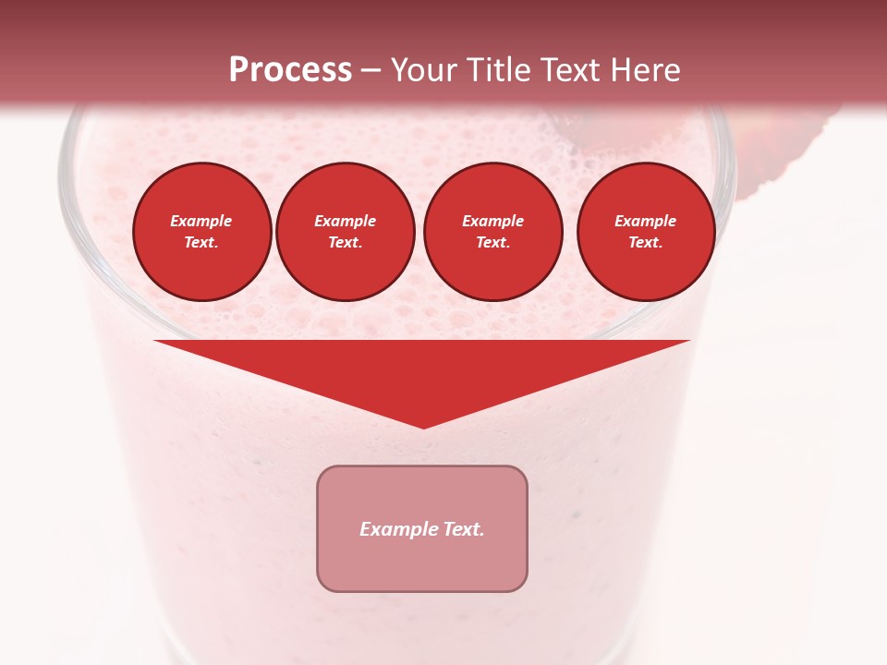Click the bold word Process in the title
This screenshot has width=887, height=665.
[x=290, y=70]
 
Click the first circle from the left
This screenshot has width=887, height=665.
[x=201, y=232]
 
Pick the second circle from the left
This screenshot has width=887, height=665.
[x=345, y=232]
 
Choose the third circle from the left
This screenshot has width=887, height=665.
[x=492, y=232]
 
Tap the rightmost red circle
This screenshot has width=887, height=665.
[x=645, y=232]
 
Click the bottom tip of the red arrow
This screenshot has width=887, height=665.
[x=423, y=426]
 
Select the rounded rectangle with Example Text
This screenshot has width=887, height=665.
[x=422, y=528]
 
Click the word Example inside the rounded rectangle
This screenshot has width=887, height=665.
[x=396, y=529]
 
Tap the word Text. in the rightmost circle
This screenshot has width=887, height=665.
[x=645, y=243]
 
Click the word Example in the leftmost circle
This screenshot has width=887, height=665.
[x=201, y=221]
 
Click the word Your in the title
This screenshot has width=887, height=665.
[x=420, y=70]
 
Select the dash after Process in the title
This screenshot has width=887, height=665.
[x=371, y=71]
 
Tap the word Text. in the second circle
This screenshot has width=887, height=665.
[x=345, y=243]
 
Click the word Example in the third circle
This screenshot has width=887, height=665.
[x=492, y=221]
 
